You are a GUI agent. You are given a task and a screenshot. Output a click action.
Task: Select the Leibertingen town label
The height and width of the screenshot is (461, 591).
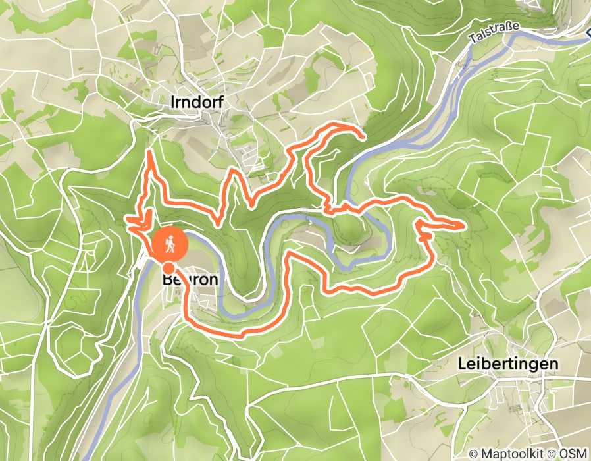click(507, 364)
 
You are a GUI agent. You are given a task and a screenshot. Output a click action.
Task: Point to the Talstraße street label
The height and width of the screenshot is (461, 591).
click(494, 32)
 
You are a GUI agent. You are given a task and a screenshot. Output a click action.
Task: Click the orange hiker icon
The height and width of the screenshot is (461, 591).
click(170, 245)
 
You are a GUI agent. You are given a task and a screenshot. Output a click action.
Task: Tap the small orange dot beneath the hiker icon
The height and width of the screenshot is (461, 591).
click(169, 267)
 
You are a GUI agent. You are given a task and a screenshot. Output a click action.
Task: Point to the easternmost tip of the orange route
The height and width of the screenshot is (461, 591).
click(464, 226)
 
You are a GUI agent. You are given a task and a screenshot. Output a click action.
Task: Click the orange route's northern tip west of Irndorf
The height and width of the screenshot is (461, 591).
click(150, 153)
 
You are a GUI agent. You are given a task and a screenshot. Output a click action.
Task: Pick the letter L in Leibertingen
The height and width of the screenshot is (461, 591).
click(461, 364)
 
